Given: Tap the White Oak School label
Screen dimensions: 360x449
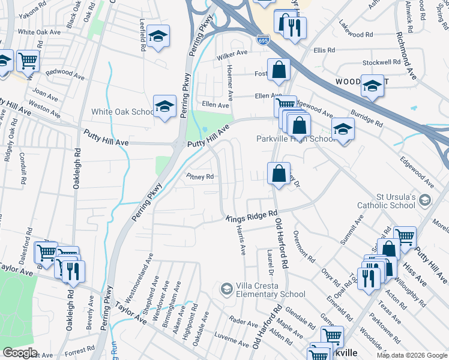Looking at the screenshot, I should pyautogui.click(x=122, y=112).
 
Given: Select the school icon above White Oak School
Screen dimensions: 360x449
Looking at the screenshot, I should pyautogui.click(x=164, y=106).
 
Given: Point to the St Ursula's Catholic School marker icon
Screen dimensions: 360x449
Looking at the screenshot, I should pyautogui.click(x=426, y=200).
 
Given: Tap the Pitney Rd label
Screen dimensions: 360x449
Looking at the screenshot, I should pyautogui.click(x=200, y=176).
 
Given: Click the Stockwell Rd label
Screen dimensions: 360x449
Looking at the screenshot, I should pyautogui.click(x=381, y=62).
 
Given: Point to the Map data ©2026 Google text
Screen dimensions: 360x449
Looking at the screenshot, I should pyautogui.click(x=412, y=355).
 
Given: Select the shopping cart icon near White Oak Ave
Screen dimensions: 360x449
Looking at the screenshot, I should pyautogui.click(x=27, y=60).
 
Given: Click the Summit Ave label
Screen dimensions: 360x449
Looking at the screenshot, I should pyautogui.click(x=351, y=229).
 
